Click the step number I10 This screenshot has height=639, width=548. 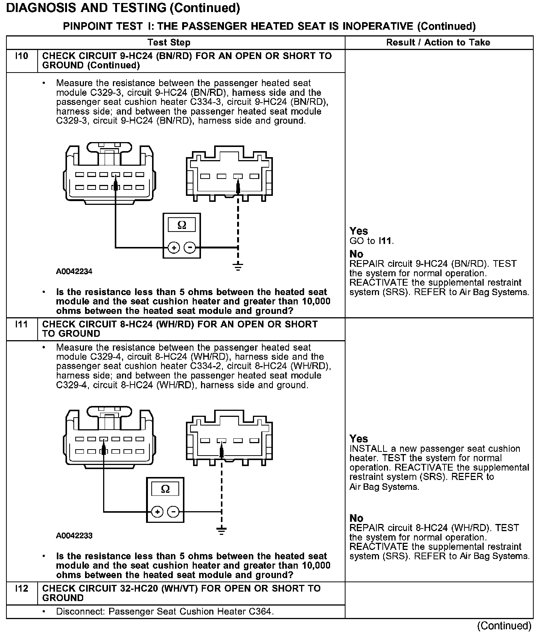tap(22, 56)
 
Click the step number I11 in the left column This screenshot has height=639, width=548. tap(22, 324)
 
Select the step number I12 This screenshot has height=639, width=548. tap(22, 589)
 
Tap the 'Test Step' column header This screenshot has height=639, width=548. tap(169, 42)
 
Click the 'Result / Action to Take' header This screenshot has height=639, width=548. tap(438, 42)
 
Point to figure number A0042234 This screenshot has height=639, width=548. tap(74, 271)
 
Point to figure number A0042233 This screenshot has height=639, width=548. tap(74, 536)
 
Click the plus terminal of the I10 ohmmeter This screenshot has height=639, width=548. tap(174, 247)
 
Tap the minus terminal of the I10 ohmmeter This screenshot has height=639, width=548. tap(190, 247)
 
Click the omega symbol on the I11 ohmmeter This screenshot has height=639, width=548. tap(165, 489)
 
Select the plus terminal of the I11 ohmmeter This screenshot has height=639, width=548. tap(157, 512)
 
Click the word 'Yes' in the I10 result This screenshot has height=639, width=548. tap(358, 231)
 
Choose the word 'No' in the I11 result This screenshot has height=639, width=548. tap(356, 518)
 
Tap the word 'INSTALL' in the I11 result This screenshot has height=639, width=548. tap(368, 449)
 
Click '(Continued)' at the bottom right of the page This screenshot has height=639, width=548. tap(504, 626)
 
